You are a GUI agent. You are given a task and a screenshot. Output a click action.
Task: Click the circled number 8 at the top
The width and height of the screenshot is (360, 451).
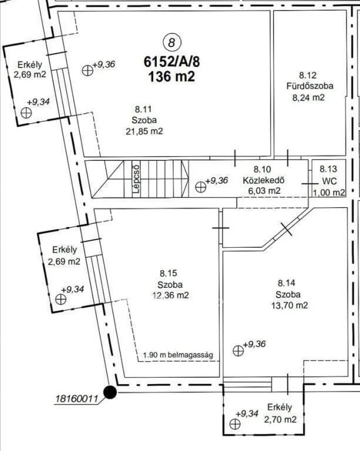click(172, 42)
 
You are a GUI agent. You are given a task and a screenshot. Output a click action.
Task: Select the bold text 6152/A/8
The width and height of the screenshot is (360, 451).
click(171, 61)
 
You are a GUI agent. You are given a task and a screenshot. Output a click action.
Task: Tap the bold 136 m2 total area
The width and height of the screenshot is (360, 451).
click(171, 77)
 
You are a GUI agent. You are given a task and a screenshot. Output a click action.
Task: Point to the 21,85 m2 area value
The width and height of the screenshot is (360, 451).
click(144, 132)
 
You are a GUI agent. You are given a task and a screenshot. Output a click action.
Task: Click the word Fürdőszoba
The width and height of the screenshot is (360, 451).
click(309, 86)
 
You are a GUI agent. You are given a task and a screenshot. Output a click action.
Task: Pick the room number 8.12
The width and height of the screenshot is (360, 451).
click(308, 75)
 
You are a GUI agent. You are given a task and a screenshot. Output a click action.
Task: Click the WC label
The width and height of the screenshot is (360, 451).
click(329, 181)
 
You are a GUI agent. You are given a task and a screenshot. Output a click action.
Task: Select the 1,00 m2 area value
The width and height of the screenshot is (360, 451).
click(329, 193)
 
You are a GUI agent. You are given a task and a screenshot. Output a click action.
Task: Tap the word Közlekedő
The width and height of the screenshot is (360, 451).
click(264, 180)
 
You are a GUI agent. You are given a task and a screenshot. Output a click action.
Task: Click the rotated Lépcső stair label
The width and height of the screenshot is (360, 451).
click(136, 179)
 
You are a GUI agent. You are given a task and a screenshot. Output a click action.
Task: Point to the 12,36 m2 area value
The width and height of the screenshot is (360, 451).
click(170, 295)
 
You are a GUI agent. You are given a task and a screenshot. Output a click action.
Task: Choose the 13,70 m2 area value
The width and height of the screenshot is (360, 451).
click(290, 305)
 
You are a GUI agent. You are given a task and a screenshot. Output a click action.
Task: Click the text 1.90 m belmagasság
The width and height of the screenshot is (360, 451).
click(178, 355)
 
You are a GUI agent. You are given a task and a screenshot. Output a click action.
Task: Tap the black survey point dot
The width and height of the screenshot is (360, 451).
click(110, 392)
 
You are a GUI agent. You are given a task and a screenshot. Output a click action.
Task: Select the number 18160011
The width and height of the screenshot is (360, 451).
click(76, 399)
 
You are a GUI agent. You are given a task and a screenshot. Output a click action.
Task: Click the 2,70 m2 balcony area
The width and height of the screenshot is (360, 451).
click(280, 419)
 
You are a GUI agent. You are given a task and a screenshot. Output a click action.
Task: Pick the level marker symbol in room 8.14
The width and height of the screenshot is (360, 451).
click(238, 351)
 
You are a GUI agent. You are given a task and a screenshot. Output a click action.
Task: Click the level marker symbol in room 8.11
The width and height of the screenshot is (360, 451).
click(88, 70)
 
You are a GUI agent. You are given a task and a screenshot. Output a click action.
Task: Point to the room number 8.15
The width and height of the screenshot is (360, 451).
click(169, 273)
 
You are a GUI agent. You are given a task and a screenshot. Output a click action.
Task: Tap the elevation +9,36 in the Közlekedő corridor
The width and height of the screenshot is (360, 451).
click(217, 180)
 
